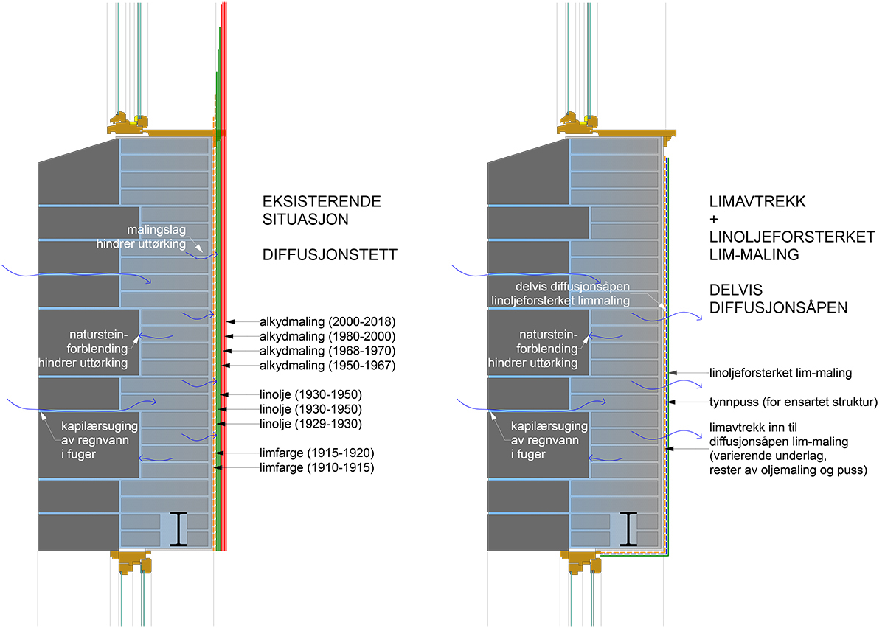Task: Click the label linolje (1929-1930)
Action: tap(310, 423)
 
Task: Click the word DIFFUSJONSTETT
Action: tap(330, 256)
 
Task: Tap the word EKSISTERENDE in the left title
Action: tap(322, 202)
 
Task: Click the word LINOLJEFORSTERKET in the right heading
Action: tap(791, 237)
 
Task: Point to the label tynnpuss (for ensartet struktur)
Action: tap(793, 402)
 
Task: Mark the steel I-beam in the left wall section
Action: tap(178, 530)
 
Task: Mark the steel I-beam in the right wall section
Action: tap(628, 530)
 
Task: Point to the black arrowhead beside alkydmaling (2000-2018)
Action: tap(231, 321)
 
